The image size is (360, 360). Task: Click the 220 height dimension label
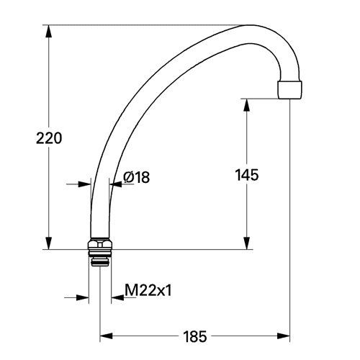click(x=49, y=138)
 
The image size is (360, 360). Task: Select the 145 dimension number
click(x=247, y=175)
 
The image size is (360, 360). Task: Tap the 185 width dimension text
click(x=195, y=336)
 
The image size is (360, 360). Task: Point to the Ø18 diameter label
click(x=136, y=177)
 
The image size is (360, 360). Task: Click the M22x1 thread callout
click(x=148, y=290)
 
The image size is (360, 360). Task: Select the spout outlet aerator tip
click(x=289, y=90)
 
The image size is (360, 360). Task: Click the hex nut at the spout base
click(x=100, y=243)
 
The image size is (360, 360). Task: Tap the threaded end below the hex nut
click(x=100, y=258)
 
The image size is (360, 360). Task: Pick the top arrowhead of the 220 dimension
click(x=49, y=31)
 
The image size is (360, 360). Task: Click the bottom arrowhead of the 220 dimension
click(x=49, y=243)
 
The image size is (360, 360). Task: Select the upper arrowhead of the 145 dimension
click(x=246, y=105)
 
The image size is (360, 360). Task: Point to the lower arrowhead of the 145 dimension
click(x=246, y=243)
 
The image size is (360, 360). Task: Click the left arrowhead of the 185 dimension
click(x=107, y=336)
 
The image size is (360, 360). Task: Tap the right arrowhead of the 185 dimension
click(x=284, y=336)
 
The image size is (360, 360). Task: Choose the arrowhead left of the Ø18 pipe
click(x=84, y=184)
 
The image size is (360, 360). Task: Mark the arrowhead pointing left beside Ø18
click(x=115, y=184)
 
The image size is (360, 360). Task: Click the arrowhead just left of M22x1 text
click(x=117, y=297)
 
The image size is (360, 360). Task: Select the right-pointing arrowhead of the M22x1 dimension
click(x=82, y=297)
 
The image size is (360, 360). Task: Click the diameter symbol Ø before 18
click(x=129, y=177)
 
